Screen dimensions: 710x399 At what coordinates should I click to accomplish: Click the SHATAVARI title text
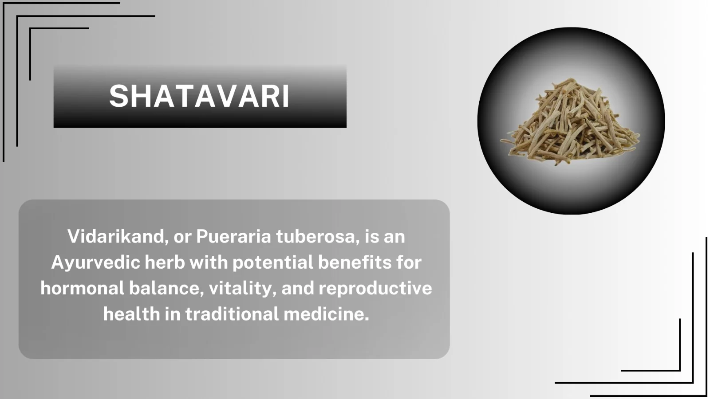(199, 96)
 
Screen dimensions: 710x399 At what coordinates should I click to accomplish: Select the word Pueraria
(233, 237)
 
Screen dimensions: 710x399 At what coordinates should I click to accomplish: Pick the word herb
(165, 262)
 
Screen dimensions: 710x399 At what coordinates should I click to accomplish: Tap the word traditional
(232, 314)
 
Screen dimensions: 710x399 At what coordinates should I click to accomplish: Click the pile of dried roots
(570, 122)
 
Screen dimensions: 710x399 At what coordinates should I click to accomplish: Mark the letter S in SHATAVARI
(118, 96)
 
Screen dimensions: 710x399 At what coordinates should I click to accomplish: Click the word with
(209, 262)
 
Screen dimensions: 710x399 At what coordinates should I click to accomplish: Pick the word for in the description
(409, 262)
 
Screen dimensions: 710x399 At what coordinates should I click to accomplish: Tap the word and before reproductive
(298, 289)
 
